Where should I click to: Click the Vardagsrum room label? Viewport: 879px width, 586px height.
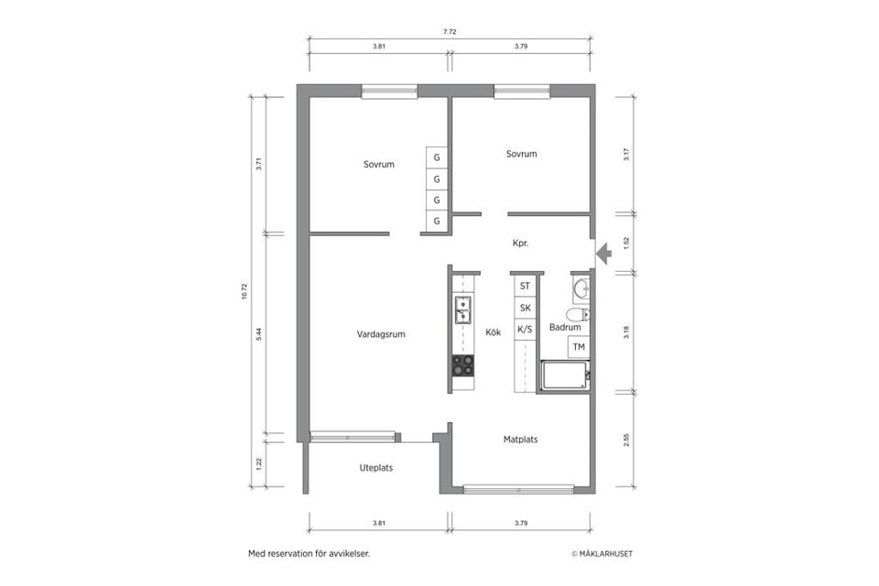pyautogui.click(x=381, y=334)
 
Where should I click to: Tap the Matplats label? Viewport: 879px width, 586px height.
pyautogui.click(x=520, y=439)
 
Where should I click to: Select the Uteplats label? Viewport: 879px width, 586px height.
pyautogui.click(x=375, y=468)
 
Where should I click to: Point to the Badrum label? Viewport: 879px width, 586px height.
pyautogui.click(x=565, y=327)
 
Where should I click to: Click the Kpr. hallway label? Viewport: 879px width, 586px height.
pyautogui.click(x=521, y=244)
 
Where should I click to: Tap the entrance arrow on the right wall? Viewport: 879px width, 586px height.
pyautogui.click(x=602, y=253)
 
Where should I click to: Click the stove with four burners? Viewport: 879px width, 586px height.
pyautogui.click(x=463, y=365)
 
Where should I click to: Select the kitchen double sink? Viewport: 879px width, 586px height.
pyautogui.click(x=463, y=310)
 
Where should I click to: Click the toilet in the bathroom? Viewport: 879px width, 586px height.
pyautogui.click(x=578, y=315)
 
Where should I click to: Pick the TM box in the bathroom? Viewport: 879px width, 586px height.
pyautogui.click(x=579, y=347)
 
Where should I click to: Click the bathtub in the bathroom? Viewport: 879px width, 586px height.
pyautogui.click(x=564, y=375)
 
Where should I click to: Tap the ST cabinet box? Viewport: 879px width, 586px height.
pyautogui.click(x=525, y=286)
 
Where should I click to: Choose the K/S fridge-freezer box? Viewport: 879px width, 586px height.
pyautogui.click(x=525, y=330)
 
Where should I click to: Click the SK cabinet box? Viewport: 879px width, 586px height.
pyautogui.click(x=525, y=308)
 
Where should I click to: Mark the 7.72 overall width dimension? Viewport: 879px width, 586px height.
pyautogui.click(x=450, y=31)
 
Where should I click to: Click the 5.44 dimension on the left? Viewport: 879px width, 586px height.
pyautogui.click(x=259, y=334)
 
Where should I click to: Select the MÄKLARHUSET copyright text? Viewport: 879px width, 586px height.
pyautogui.click(x=602, y=554)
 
